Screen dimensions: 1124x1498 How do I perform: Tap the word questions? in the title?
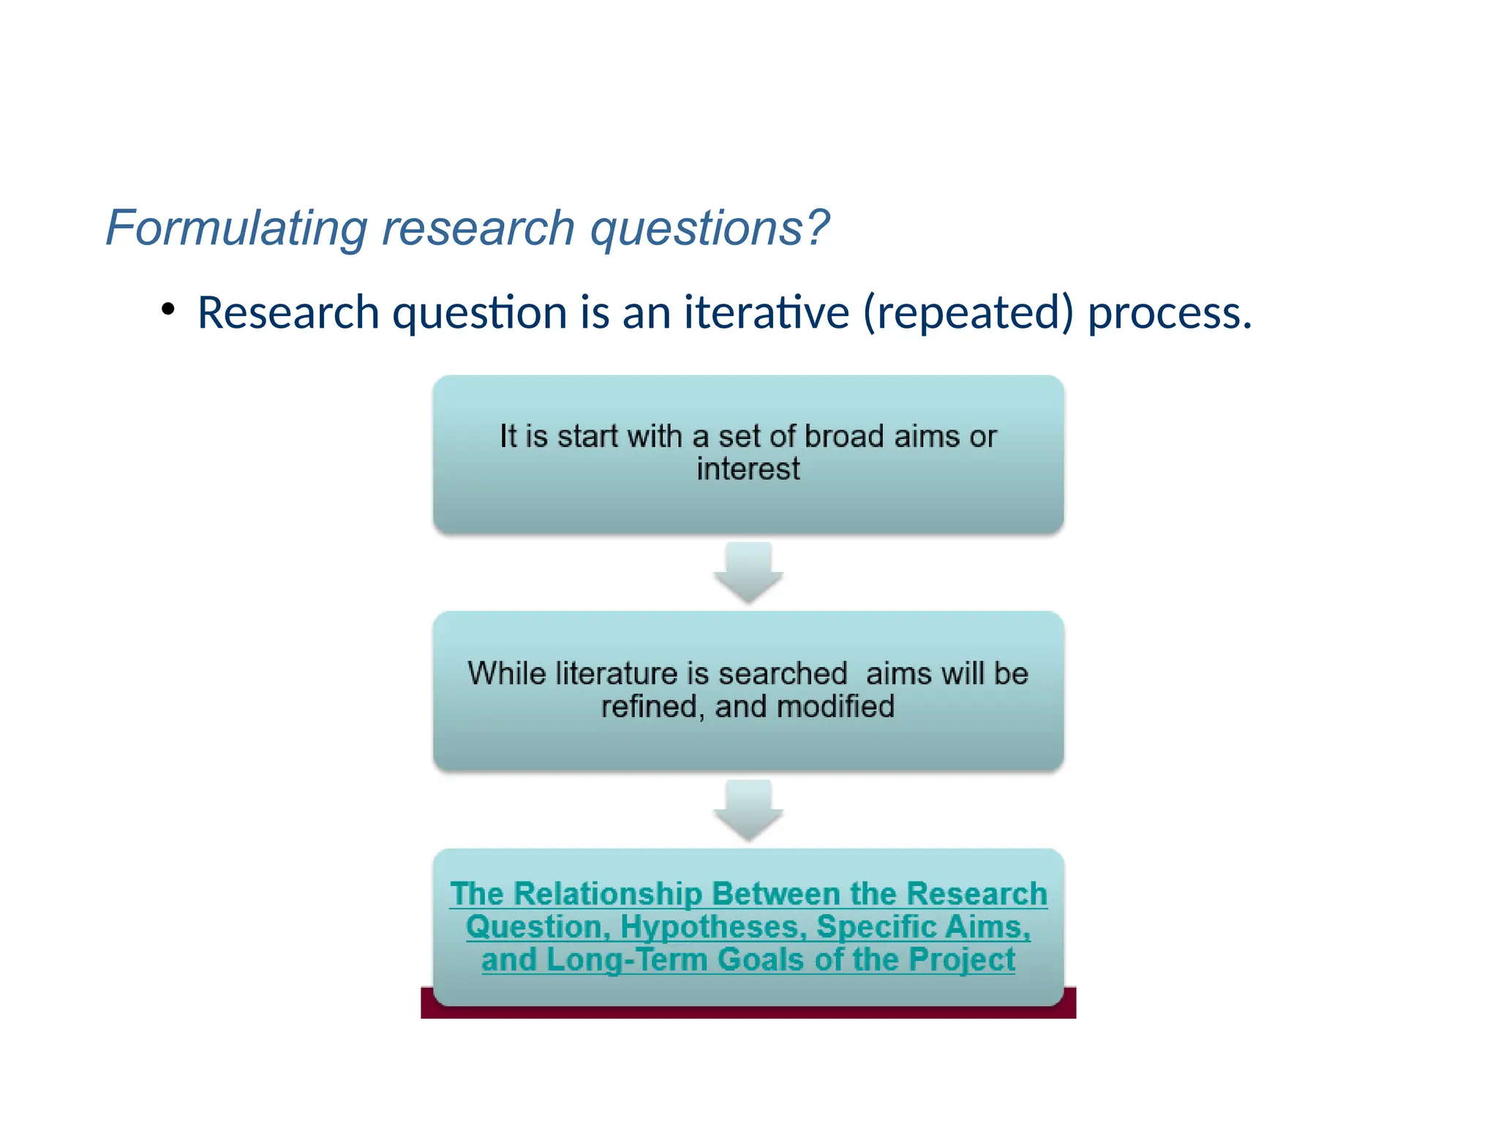point(710,228)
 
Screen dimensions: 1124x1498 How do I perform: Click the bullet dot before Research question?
point(168,310)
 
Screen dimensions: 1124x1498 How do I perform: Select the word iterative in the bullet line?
point(767,312)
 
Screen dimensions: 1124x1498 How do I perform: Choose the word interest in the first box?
point(748,469)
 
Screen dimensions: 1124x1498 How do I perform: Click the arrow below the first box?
point(748,573)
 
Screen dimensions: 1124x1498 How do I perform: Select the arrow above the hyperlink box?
point(748,811)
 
